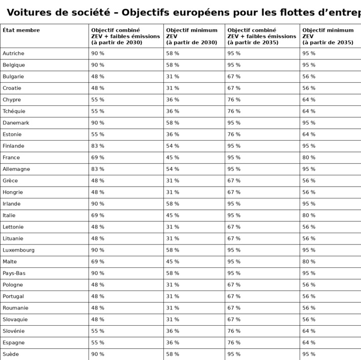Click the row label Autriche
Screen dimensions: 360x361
coord(13,53)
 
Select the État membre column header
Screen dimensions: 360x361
coord(21,30)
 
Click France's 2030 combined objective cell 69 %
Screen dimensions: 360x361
coord(97,157)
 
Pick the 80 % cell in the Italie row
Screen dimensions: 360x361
coord(309,215)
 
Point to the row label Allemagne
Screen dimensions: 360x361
coord(16,169)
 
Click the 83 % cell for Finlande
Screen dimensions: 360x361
coord(97,146)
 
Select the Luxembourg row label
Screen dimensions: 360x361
coord(18,250)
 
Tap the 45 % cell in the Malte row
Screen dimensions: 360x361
coord(173,262)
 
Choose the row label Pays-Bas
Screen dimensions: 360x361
coord(14,273)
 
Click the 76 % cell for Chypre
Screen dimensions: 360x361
coord(234,100)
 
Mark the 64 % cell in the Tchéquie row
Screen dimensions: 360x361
coord(309,111)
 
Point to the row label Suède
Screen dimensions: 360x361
coord(10,354)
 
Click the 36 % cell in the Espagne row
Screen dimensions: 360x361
coord(173,343)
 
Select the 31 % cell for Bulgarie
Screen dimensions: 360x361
coord(173,77)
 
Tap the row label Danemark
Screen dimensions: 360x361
coord(16,123)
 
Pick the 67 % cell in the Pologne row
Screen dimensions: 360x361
coord(234,285)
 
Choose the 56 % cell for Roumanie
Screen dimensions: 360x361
coord(309,308)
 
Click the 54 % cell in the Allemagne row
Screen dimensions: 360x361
coord(173,169)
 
